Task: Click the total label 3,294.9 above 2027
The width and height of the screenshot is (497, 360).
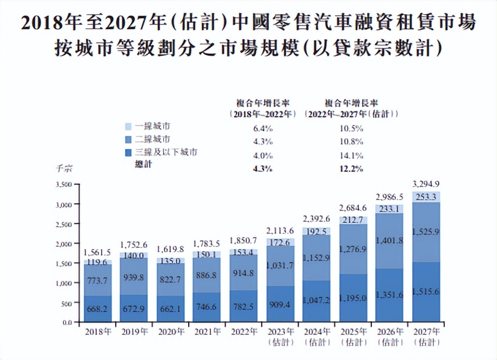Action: (x=427, y=183)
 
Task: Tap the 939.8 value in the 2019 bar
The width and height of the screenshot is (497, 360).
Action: (x=134, y=278)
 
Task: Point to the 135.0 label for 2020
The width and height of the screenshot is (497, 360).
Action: (x=171, y=260)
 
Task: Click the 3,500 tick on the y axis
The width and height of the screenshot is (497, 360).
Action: (x=64, y=185)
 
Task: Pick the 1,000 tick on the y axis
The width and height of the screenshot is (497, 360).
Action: (x=64, y=283)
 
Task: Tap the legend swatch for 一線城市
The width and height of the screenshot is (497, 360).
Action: (x=128, y=126)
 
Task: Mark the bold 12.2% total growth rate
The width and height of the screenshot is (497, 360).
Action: (x=352, y=169)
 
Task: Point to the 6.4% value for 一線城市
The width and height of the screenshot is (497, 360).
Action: (x=263, y=129)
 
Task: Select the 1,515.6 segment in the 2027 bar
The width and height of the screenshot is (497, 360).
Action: (x=427, y=293)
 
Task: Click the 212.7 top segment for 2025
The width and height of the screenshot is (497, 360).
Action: (x=353, y=220)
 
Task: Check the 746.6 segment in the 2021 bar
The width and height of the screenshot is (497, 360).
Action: (x=207, y=307)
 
